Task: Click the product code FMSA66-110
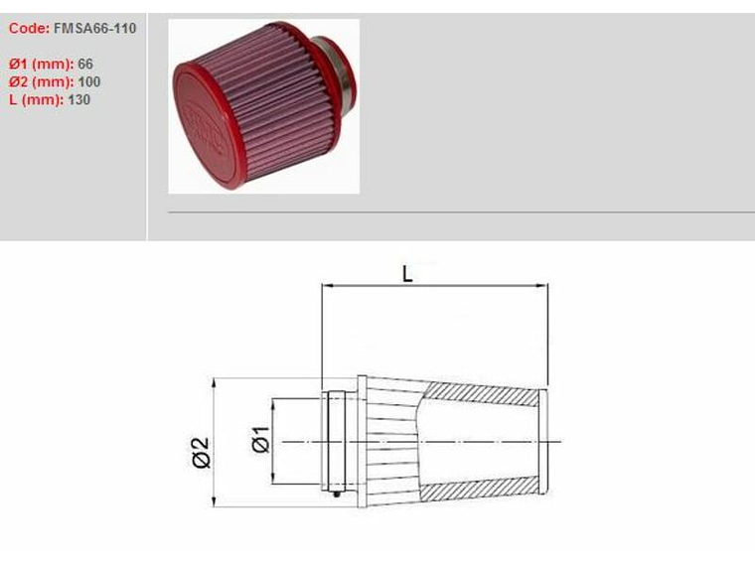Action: (x=96, y=29)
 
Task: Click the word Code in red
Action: (x=28, y=29)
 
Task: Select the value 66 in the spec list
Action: (x=85, y=65)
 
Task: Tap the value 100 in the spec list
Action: (x=88, y=82)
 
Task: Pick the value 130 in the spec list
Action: (x=79, y=100)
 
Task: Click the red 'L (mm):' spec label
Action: (x=36, y=100)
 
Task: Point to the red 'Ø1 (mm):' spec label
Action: (x=41, y=65)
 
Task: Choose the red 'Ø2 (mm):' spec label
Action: (x=41, y=82)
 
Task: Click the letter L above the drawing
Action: (x=407, y=274)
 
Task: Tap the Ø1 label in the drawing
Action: (x=261, y=439)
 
